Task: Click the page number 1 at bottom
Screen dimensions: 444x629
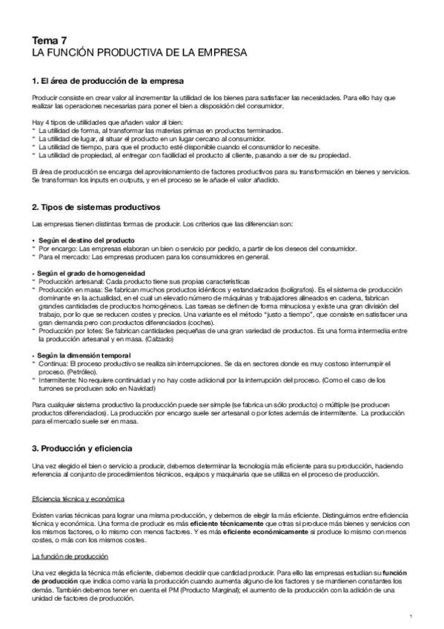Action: (x=410, y=616)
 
